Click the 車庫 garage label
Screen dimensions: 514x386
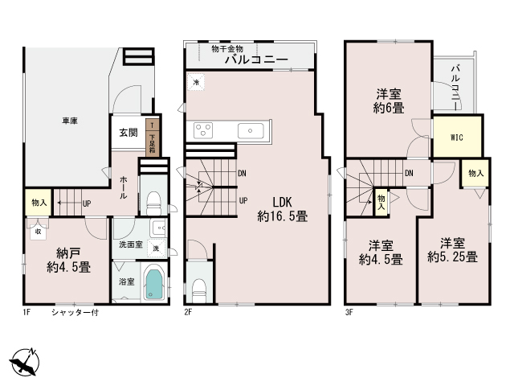[70, 121]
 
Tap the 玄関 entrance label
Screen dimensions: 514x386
[128, 133]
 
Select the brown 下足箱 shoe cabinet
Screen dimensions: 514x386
[153, 138]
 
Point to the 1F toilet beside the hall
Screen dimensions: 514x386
[153, 203]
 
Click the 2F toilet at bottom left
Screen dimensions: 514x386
[198, 291]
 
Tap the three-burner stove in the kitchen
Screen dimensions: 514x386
[203, 130]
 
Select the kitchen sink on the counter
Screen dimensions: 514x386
[251, 131]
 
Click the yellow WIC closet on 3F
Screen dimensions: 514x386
[457, 137]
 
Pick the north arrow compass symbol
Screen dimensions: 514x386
[25, 362]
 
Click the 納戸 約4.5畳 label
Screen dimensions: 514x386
[68, 261]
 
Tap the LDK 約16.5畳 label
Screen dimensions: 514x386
[282, 209]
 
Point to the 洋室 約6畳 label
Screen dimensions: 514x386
[389, 101]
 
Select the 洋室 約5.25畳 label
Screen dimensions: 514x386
[452, 250]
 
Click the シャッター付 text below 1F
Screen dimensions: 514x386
[75, 312]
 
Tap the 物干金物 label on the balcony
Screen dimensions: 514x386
[227, 49]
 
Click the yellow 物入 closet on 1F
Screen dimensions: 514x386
[39, 202]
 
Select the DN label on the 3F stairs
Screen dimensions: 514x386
[409, 173]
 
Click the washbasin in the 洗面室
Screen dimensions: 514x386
[159, 227]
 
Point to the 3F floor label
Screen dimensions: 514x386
[349, 312]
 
